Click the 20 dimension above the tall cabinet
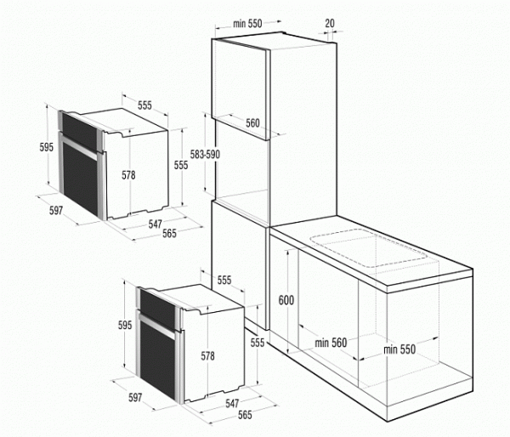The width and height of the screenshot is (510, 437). (x=329, y=24)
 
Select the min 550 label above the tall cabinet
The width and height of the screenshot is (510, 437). (x=247, y=24)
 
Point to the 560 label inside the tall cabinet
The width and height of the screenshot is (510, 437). (x=252, y=123)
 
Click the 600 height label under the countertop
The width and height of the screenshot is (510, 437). (x=286, y=299)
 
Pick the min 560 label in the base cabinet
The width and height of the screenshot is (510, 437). (x=330, y=343)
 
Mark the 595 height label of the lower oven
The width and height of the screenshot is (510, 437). (x=125, y=325)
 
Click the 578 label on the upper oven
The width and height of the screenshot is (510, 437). (x=128, y=175)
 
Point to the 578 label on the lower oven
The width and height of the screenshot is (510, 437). (x=207, y=355)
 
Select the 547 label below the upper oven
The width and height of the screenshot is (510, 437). (x=156, y=224)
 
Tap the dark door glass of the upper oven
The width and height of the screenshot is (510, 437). (x=78, y=170)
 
